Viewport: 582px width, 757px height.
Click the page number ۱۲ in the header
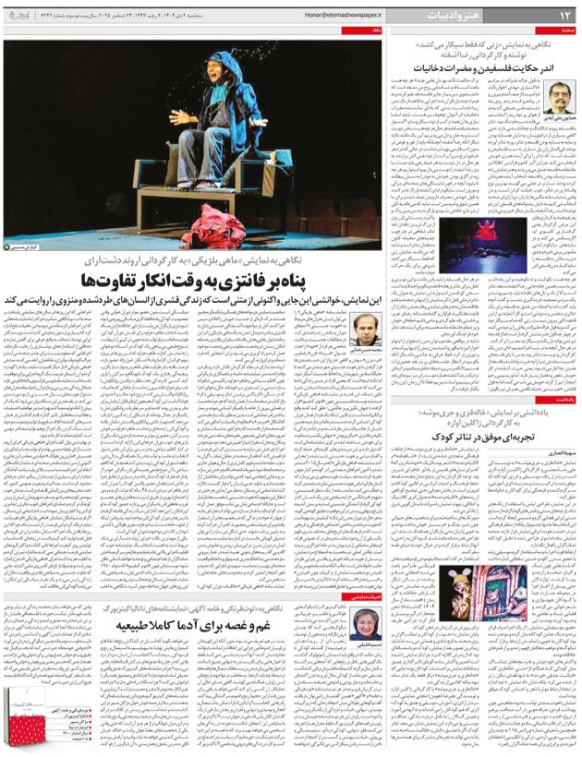pos(564,15)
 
